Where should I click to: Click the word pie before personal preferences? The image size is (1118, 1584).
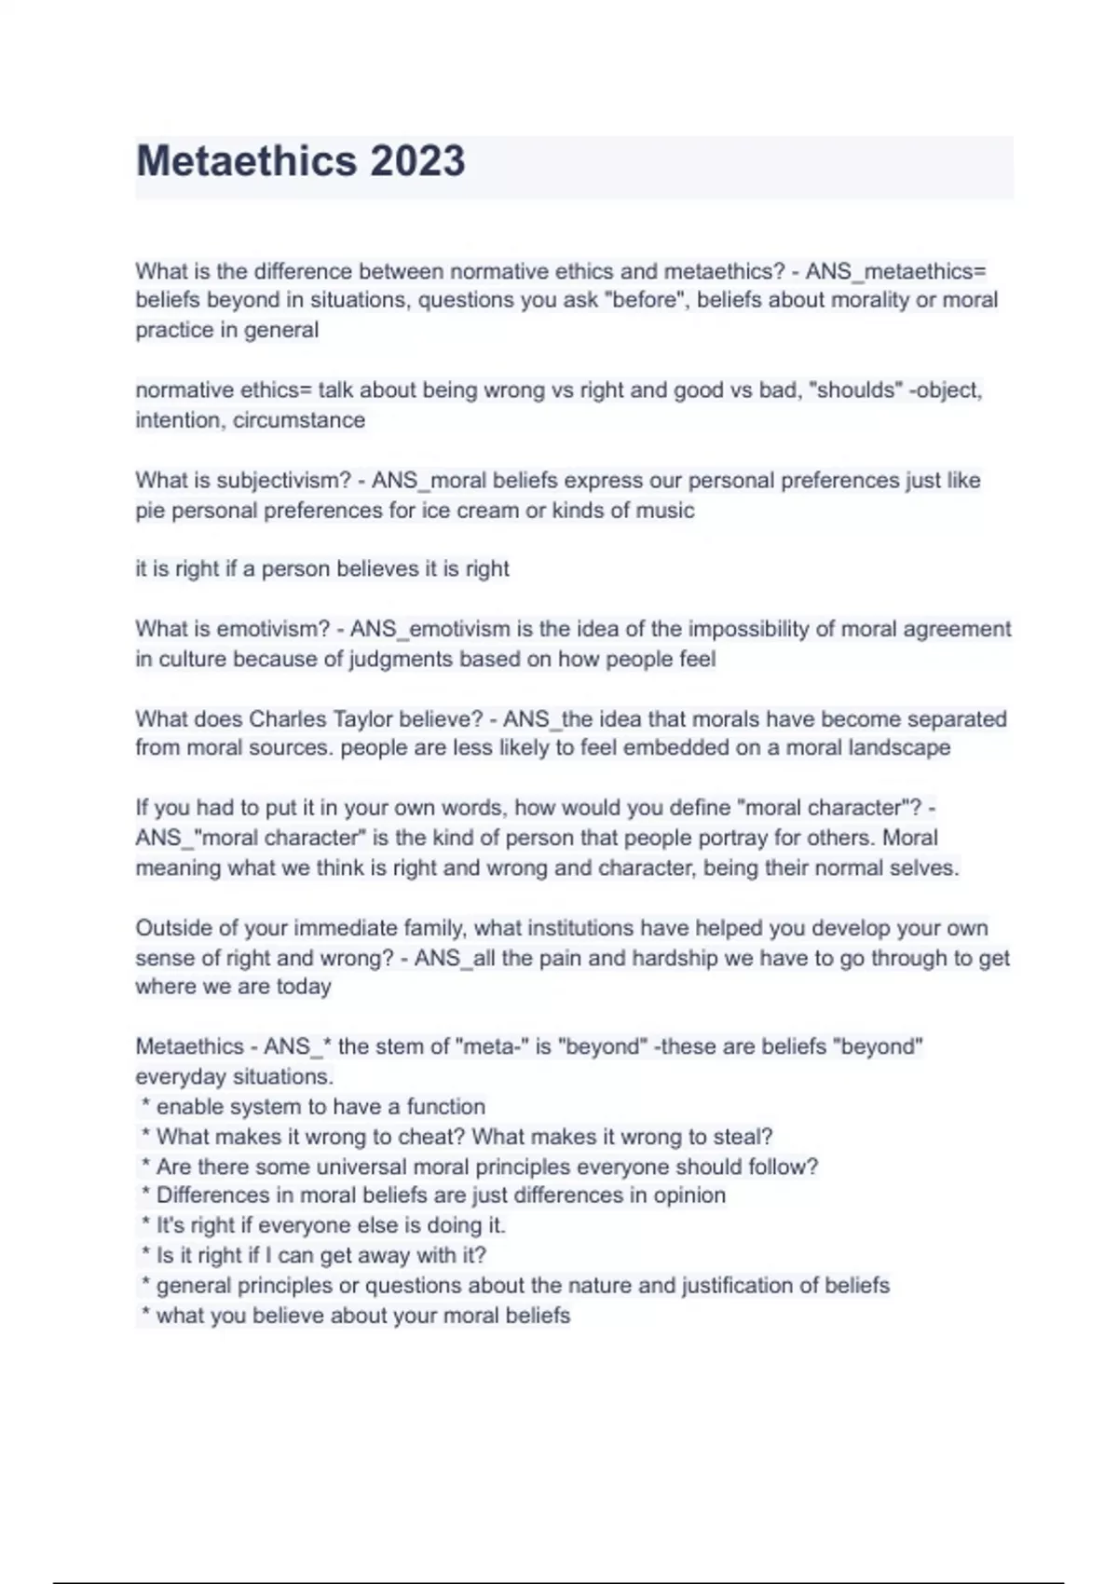click(150, 511)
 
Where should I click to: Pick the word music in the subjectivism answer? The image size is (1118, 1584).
click(665, 511)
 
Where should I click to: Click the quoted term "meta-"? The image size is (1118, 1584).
click(492, 1047)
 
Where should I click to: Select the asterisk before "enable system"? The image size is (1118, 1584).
click(145, 1107)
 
